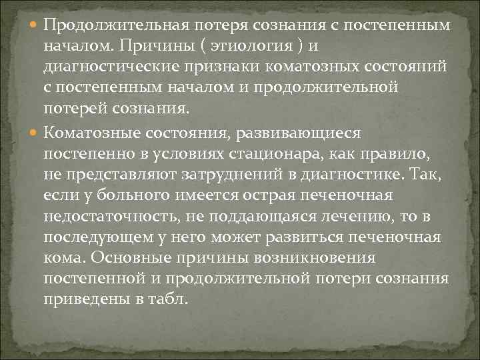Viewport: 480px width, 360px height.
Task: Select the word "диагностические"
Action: coord(107,67)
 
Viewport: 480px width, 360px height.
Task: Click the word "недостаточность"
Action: coord(111,217)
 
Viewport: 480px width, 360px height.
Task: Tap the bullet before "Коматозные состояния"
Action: coord(35,133)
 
